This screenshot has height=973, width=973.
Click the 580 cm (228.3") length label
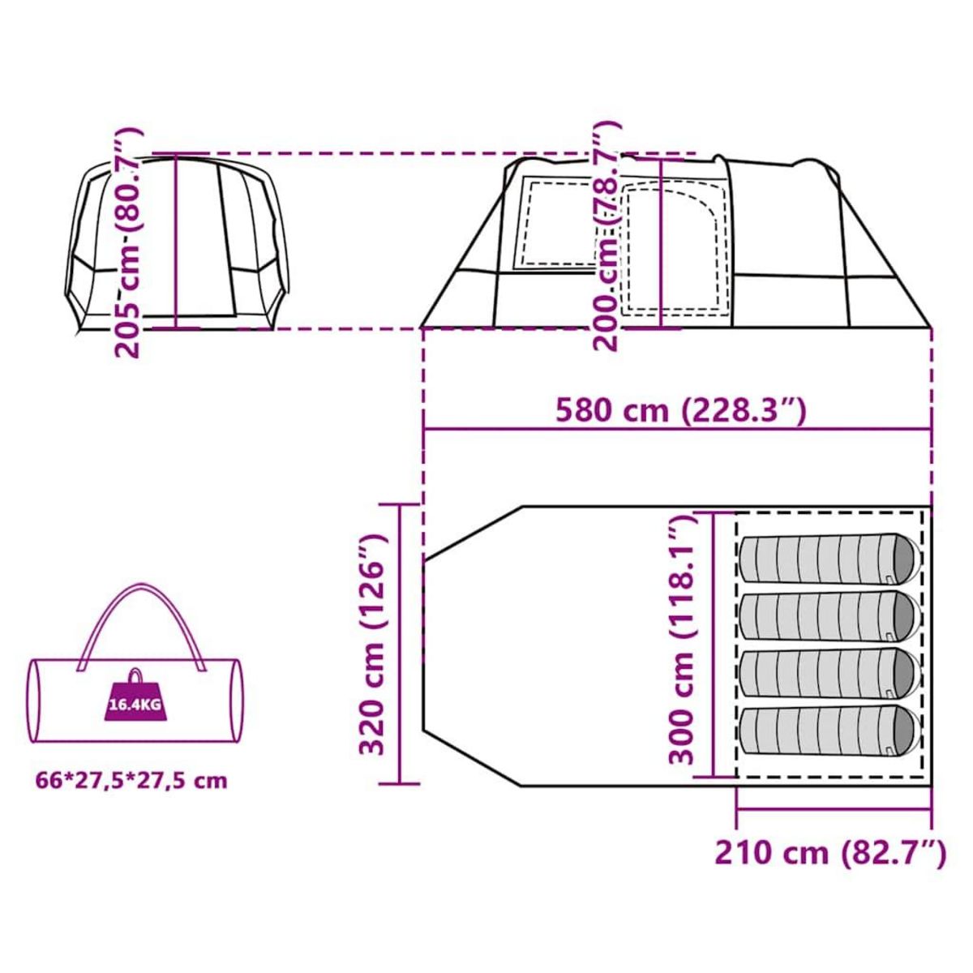tap(680, 410)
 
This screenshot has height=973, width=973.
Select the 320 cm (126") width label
tap(372, 644)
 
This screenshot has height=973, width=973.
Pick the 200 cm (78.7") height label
tap(606, 235)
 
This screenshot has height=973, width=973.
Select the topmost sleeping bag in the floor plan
tap(830, 559)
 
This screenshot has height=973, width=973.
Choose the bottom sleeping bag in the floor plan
tap(830, 732)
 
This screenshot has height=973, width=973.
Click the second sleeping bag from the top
tap(830, 618)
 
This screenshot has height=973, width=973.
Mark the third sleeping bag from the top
tap(830, 675)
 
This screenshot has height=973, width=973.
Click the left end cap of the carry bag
tap(36, 701)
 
